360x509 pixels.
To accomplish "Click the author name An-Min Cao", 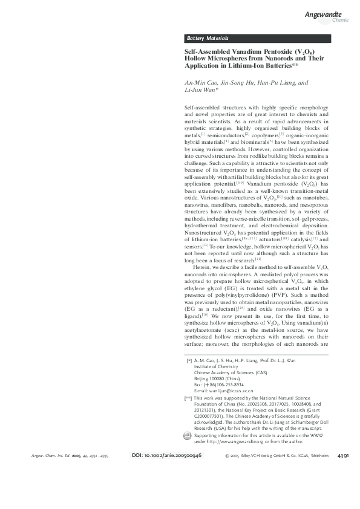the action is coord(201,83).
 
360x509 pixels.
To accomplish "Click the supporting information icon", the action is coord(187,453).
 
